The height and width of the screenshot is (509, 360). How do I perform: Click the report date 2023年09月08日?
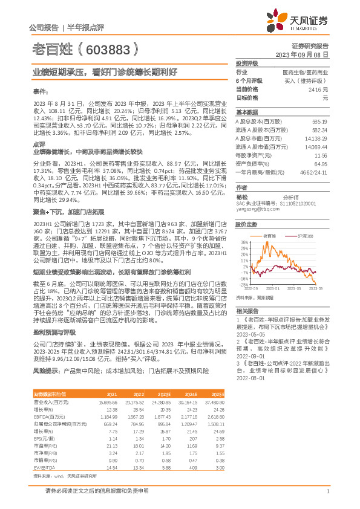pyautogui.click(x=302, y=54)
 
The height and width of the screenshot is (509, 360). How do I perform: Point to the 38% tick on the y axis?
pyautogui.click(x=243, y=242)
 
